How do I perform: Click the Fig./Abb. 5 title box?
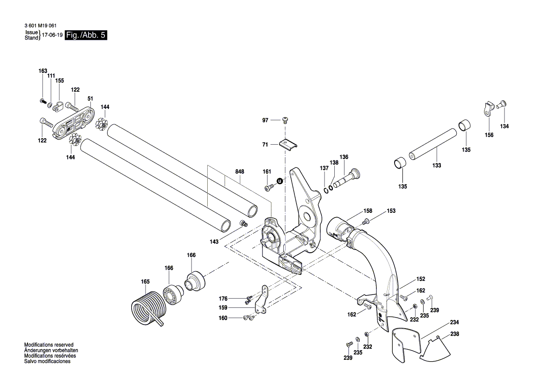click(x=86, y=35)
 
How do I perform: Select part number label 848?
click(x=240, y=172)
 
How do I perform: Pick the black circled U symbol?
click(x=280, y=181)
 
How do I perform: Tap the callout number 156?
click(x=489, y=135)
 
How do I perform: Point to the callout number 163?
click(x=43, y=71)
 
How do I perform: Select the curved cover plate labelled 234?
click(x=406, y=346)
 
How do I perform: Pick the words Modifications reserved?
click(x=49, y=345)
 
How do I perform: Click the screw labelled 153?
click(x=366, y=221)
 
